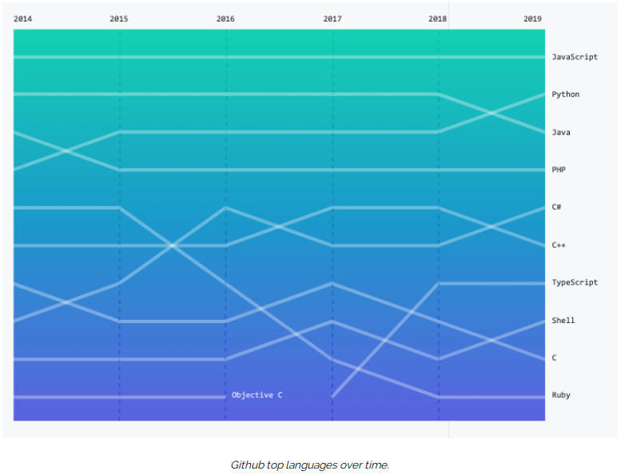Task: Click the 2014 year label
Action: pyautogui.click(x=22, y=18)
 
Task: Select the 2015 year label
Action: pyautogui.click(x=119, y=18)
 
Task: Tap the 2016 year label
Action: pyautogui.click(x=225, y=18)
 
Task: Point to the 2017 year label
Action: pyautogui.click(x=332, y=18)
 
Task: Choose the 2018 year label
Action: pyautogui.click(x=438, y=18)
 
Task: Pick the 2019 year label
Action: pyautogui.click(x=532, y=18)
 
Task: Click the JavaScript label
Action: pyautogui.click(x=575, y=57)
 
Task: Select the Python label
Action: pyautogui.click(x=566, y=94)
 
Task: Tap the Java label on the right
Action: pyautogui.click(x=561, y=133)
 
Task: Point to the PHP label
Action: pyautogui.click(x=559, y=170)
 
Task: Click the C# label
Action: pyautogui.click(x=556, y=207)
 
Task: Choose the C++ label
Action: pyautogui.click(x=559, y=245)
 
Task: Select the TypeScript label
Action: pyautogui.click(x=575, y=282)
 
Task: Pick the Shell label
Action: pyautogui.click(x=563, y=320)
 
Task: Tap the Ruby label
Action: pyautogui.click(x=561, y=395)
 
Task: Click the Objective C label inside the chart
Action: pyautogui.click(x=257, y=395)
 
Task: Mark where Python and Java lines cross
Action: pyautogui.click(x=492, y=114)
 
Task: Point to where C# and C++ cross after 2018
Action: pyautogui.click(x=492, y=226)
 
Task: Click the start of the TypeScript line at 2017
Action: pyautogui.click(x=332, y=397)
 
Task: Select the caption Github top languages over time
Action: pyautogui.click(x=310, y=465)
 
